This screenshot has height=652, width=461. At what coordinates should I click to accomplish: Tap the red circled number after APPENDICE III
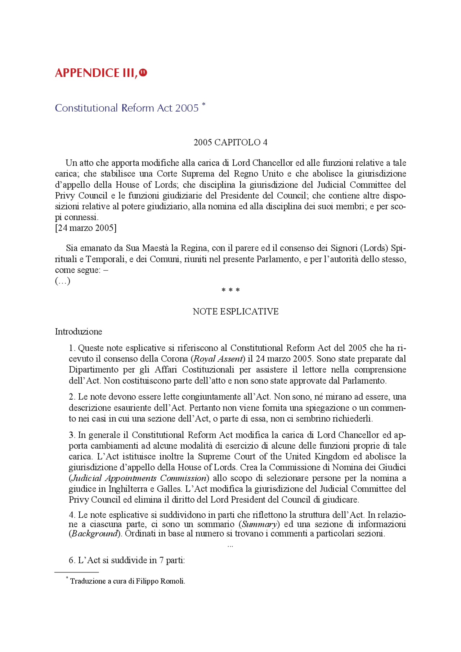[143, 73]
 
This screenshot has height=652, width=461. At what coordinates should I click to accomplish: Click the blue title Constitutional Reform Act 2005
[126, 108]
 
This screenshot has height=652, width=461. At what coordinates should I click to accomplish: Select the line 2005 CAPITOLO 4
[230, 143]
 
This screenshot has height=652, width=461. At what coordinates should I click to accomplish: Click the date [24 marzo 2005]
[86, 228]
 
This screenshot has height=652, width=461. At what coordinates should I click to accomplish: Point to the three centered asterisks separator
[230, 290]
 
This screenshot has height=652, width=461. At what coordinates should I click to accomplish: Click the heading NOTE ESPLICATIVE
[236, 311]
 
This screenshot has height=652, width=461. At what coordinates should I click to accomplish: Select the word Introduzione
[79, 332]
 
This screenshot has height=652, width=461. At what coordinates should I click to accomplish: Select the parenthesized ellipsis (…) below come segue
[63, 281]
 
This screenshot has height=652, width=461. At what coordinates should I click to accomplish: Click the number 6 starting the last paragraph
[71, 560]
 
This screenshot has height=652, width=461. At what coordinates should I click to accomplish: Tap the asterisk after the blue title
[203, 105]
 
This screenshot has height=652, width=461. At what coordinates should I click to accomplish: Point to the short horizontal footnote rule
[76, 572]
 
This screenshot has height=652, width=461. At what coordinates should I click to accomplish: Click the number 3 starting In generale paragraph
[71, 435]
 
